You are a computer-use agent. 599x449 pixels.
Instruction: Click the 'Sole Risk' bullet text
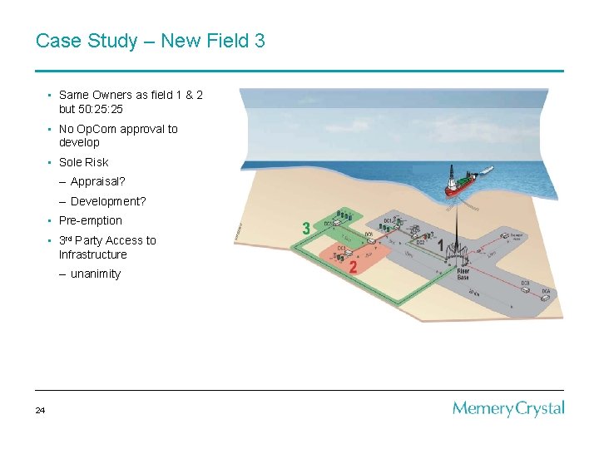(x=83, y=162)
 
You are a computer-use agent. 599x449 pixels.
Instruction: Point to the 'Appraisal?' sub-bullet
(x=97, y=181)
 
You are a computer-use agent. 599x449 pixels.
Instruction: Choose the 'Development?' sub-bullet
(x=108, y=201)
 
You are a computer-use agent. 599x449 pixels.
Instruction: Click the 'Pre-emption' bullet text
(x=90, y=220)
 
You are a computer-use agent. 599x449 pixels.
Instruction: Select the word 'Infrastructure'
(x=92, y=254)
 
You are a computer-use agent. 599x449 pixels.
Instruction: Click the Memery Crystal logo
(x=508, y=409)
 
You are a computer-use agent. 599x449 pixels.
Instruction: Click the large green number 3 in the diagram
(x=307, y=228)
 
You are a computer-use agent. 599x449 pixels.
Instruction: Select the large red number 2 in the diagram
(x=353, y=267)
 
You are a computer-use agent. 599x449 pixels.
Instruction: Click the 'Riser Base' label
(x=463, y=274)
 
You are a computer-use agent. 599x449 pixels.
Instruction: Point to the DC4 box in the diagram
(x=545, y=292)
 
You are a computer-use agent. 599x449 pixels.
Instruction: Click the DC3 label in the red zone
(x=342, y=248)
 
